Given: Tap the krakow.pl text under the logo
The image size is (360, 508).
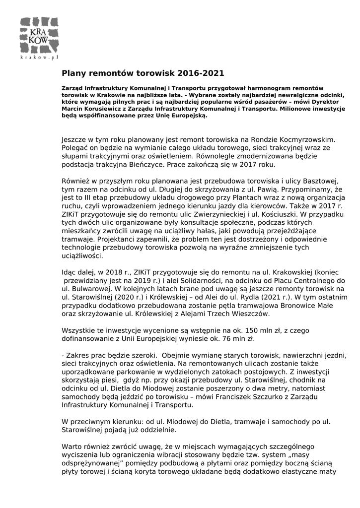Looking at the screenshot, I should (x=39, y=58).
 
